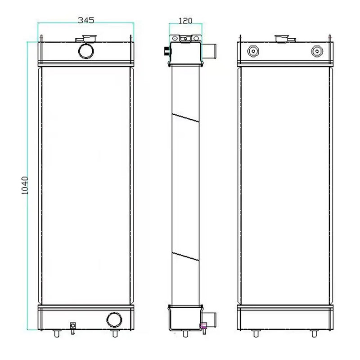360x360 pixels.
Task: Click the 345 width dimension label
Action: click(x=86, y=20)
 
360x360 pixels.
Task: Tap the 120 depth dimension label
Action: click(x=185, y=20)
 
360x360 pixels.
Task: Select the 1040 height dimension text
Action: click(x=25, y=185)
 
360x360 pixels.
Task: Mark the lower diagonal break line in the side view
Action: click(x=185, y=257)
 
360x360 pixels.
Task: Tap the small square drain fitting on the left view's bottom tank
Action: click(x=72, y=326)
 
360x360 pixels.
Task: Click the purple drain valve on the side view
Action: click(x=203, y=326)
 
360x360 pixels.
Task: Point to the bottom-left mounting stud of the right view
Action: click(x=256, y=334)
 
